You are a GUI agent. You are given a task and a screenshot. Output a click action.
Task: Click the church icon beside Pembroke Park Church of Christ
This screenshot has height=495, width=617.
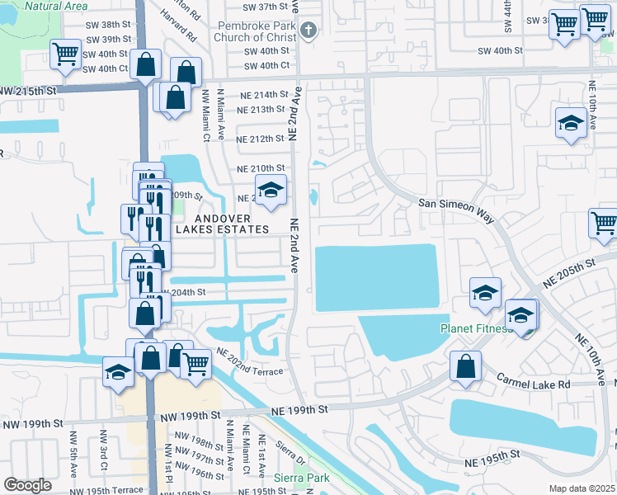308,31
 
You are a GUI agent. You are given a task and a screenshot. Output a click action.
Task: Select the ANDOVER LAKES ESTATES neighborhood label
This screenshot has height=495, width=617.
222,224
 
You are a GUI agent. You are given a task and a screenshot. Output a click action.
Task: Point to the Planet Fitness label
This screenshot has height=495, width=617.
474,328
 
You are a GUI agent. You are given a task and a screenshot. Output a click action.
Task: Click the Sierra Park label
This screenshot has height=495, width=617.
297,478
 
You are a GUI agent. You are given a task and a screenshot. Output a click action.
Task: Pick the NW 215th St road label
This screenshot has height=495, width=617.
33,88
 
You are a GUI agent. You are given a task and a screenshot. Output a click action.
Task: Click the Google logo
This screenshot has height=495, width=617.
27,485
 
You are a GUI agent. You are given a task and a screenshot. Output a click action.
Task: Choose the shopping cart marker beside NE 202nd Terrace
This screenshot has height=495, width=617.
195,363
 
